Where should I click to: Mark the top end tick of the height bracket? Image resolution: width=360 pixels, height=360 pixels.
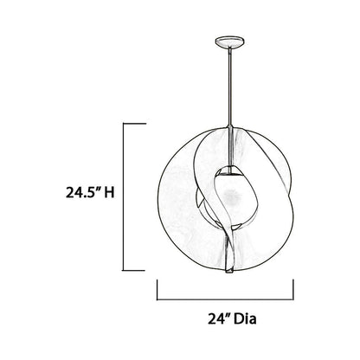(x=133, y=124)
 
